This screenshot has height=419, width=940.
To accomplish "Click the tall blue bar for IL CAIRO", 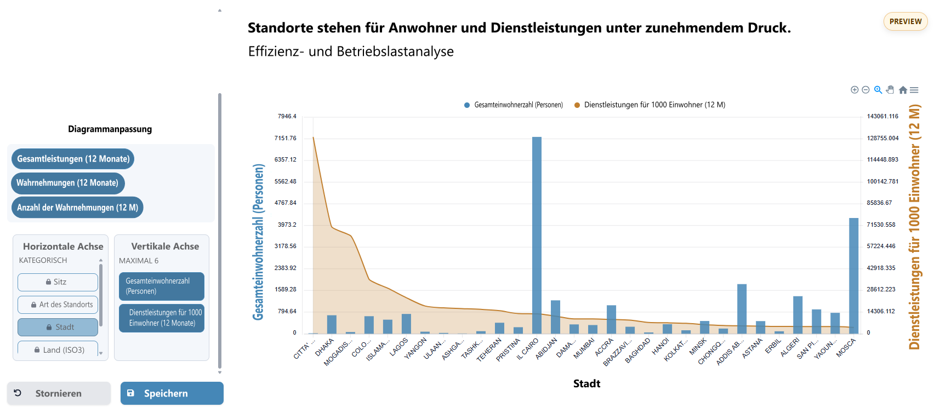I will point(537,236).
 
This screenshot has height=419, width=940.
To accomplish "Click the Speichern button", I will point(172,393).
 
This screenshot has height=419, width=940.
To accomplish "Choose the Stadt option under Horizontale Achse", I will point(58,327).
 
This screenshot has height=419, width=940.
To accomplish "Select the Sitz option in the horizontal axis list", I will point(58,282).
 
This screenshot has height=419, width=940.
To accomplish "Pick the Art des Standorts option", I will point(58,305).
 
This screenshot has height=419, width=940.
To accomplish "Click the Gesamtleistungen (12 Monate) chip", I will point(73,159).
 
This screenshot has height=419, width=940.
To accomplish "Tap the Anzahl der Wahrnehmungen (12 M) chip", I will point(77,208).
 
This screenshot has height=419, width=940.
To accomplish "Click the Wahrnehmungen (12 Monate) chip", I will point(67,183).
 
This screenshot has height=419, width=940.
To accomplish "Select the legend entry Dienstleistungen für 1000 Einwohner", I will point(654,105).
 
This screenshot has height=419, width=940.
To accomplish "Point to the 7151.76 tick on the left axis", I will point(285,138).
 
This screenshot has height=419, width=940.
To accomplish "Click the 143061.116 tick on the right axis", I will point(882,117).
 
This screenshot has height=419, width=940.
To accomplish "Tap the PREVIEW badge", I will point(905,21).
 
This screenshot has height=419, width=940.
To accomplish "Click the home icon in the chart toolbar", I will point(903,90).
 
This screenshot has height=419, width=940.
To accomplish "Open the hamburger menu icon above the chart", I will point(914,90).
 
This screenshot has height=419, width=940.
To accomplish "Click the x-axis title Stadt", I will point(586,383).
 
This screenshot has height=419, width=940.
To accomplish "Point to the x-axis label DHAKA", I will point(324,347).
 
